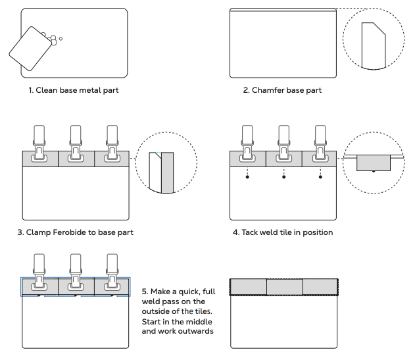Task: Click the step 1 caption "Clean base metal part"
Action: point(74,90)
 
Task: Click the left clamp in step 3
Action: point(39,145)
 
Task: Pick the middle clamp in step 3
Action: point(76,145)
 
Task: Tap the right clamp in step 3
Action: point(112,145)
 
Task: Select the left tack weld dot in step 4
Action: point(247,177)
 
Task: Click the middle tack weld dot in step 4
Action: point(283,177)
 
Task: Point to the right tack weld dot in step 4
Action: point(320,177)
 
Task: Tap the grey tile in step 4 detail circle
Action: point(374,163)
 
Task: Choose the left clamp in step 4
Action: point(247,145)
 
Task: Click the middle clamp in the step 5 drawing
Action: point(76,273)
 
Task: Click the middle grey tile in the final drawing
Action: point(284,287)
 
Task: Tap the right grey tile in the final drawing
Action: point(320,287)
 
